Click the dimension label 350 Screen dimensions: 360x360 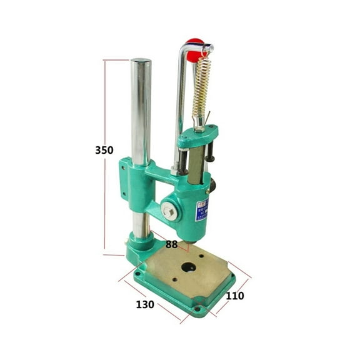[x=105, y=150]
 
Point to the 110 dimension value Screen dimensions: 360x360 [x=236, y=296]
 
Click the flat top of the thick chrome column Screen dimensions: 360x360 [x=141, y=61]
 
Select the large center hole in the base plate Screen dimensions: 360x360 [x=188, y=267]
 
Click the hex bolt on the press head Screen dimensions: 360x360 [x=168, y=211]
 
